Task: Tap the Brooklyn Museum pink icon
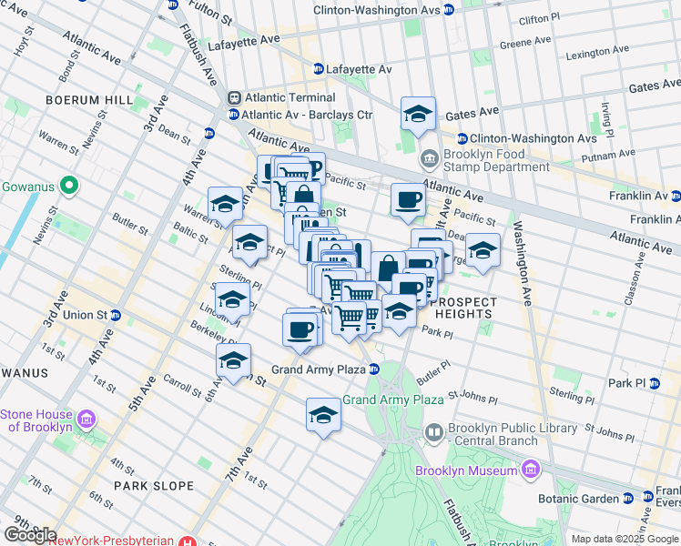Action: point(532,470)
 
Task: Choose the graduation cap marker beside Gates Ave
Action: point(418,114)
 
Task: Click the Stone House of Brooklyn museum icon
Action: point(87,420)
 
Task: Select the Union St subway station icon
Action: point(116,316)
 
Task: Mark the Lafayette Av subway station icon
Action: point(319,69)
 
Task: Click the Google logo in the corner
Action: point(30,534)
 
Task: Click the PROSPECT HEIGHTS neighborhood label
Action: point(466,308)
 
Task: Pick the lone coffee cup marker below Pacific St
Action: point(408,199)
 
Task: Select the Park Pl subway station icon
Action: point(654,383)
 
